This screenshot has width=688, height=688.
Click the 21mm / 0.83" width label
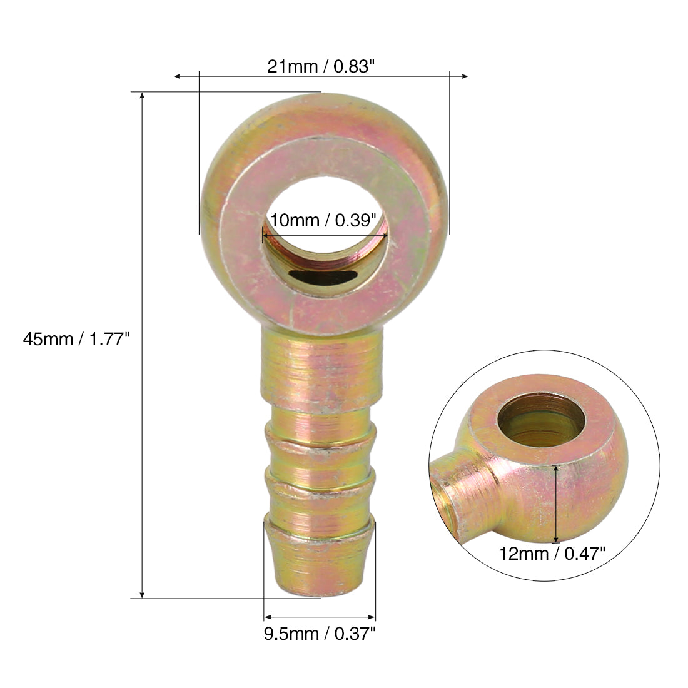pyautogui.click(x=321, y=67)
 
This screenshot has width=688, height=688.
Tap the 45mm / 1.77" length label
pyautogui.click(x=76, y=339)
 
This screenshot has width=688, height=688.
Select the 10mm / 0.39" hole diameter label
pyautogui.click(x=323, y=220)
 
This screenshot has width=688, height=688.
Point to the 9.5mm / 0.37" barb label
pyautogui.click(x=320, y=634)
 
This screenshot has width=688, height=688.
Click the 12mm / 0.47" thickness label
pyautogui.click(x=552, y=554)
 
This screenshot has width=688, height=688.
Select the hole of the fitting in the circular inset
pyautogui.click(x=541, y=420)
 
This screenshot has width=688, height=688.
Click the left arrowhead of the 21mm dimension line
pyautogui.click(x=177, y=76)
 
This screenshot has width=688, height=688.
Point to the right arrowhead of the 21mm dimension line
pyautogui.click(x=464, y=76)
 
